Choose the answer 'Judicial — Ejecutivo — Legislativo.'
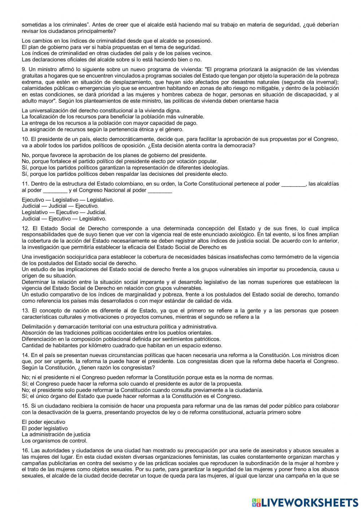pos(64,219)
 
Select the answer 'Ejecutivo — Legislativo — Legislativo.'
pos(68,200)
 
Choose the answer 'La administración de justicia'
pos(56,434)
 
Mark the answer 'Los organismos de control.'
pos(54,441)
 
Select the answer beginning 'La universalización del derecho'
pos(101,110)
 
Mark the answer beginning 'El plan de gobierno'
pos(111,47)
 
